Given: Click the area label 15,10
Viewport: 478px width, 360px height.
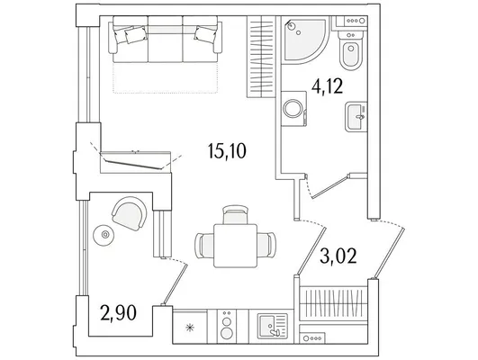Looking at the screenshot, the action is click(x=227, y=151).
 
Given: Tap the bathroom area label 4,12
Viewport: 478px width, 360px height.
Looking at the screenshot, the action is click(x=327, y=86).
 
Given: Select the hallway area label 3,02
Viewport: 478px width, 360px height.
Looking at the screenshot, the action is click(x=338, y=256).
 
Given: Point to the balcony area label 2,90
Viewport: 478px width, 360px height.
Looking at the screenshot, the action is click(x=118, y=313).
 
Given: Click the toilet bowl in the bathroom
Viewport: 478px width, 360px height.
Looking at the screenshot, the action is click(x=350, y=51).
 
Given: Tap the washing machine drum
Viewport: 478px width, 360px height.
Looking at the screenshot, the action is click(x=293, y=108).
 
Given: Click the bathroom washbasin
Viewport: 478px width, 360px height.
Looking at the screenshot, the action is click(x=356, y=117).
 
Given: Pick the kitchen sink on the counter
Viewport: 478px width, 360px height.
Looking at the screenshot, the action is click(x=272, y=327).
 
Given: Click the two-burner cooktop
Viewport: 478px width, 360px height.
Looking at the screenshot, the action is click(x=227, y=327).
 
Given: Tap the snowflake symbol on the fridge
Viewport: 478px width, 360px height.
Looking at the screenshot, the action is click(x=190, y=328).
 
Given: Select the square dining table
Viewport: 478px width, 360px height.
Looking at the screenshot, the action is click(x=235, y=246).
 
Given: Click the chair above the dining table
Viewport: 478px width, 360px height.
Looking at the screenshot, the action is click(x=235, y=214).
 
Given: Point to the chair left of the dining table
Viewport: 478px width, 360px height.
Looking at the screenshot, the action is click(x=204, y=246).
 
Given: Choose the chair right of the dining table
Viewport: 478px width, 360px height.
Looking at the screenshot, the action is click(x=266, y=245).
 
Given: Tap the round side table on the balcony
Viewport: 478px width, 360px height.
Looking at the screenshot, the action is click(x=105, y=234).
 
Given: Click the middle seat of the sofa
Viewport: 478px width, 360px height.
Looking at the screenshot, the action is click(x=166, y=39).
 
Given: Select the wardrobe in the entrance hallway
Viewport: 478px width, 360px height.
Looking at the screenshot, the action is click(x=334, y=303).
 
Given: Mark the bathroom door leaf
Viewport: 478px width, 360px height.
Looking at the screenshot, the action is click(x=330, y=186).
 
